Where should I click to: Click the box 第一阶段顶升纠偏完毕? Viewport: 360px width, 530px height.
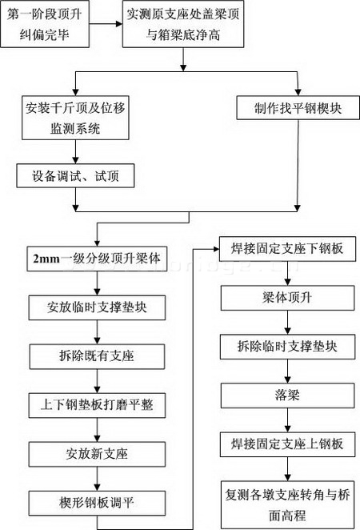45,24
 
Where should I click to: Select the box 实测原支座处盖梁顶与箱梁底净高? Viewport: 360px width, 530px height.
183,24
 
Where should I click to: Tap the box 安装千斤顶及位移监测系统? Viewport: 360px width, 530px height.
75,118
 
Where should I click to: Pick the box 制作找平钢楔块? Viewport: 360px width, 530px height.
298,108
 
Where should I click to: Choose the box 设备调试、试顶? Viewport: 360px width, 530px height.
75,176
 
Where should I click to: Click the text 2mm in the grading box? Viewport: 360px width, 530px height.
46,259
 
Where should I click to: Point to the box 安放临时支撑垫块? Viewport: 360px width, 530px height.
97,307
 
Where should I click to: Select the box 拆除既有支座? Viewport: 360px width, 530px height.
97,356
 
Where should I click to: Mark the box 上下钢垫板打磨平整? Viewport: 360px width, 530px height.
97,405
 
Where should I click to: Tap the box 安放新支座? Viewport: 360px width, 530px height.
97,454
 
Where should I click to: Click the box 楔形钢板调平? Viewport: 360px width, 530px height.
97,503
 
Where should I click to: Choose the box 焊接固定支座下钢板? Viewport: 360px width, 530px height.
287,249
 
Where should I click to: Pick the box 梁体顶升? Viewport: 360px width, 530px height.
287,298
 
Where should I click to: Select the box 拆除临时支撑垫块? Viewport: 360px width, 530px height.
287,347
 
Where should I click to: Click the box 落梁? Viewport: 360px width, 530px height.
287,395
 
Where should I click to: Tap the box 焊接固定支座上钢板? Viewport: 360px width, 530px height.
287,444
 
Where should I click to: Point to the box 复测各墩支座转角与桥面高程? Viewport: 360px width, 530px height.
287,504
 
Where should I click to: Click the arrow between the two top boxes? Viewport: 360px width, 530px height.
106,24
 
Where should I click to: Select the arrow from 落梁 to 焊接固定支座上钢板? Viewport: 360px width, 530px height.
287,420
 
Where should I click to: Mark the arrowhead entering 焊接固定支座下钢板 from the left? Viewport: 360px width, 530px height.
216,249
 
